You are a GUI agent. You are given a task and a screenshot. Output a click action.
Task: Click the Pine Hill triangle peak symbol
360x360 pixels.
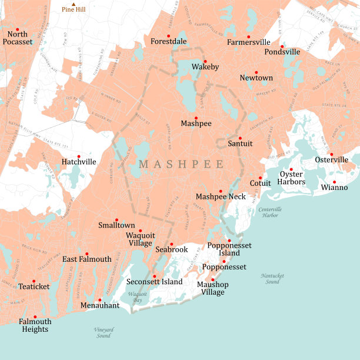point(74,4)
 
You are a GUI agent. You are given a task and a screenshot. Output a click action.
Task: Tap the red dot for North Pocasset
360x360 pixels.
point(18,29)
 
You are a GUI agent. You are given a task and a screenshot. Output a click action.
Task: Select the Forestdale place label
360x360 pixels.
point(168,42)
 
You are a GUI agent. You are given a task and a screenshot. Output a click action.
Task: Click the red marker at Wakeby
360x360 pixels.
point(205,61)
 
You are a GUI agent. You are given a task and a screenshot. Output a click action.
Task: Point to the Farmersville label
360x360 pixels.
point(249,42)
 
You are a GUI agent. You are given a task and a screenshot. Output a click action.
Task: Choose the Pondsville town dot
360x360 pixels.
point(282,46)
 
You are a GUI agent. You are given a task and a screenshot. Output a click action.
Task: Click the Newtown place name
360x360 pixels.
point(256,78)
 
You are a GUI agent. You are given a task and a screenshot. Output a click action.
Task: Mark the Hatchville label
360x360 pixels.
point(79,162)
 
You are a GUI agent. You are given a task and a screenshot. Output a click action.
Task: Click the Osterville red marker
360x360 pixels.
point(331,155)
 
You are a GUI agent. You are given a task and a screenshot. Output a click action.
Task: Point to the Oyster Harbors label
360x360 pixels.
point(292,178)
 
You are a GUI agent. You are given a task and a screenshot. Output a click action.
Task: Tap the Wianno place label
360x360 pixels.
point(334,188)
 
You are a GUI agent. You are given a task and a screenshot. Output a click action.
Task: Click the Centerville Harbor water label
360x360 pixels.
point(270,212)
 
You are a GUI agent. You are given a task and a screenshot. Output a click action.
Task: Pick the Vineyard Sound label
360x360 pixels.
point(103,332)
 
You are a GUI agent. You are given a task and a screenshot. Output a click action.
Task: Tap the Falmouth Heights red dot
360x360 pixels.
point(35,316)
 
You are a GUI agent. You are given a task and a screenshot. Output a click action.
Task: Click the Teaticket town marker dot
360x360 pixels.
point(34,281)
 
